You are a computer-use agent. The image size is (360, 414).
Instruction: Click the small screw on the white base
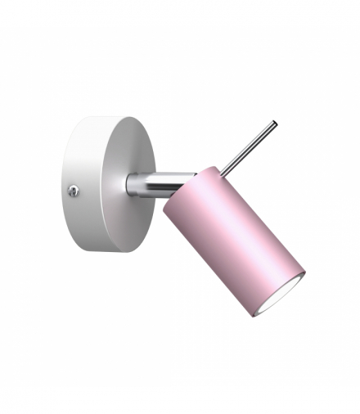point(74,190)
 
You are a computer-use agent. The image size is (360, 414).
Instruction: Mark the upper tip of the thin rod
point(273,124)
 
